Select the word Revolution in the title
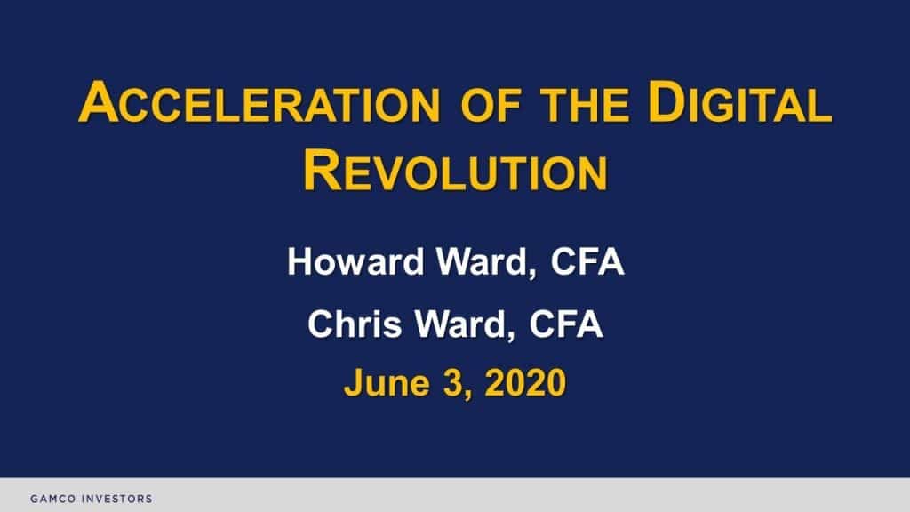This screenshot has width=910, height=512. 455,172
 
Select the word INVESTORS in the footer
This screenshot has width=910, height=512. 117,499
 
